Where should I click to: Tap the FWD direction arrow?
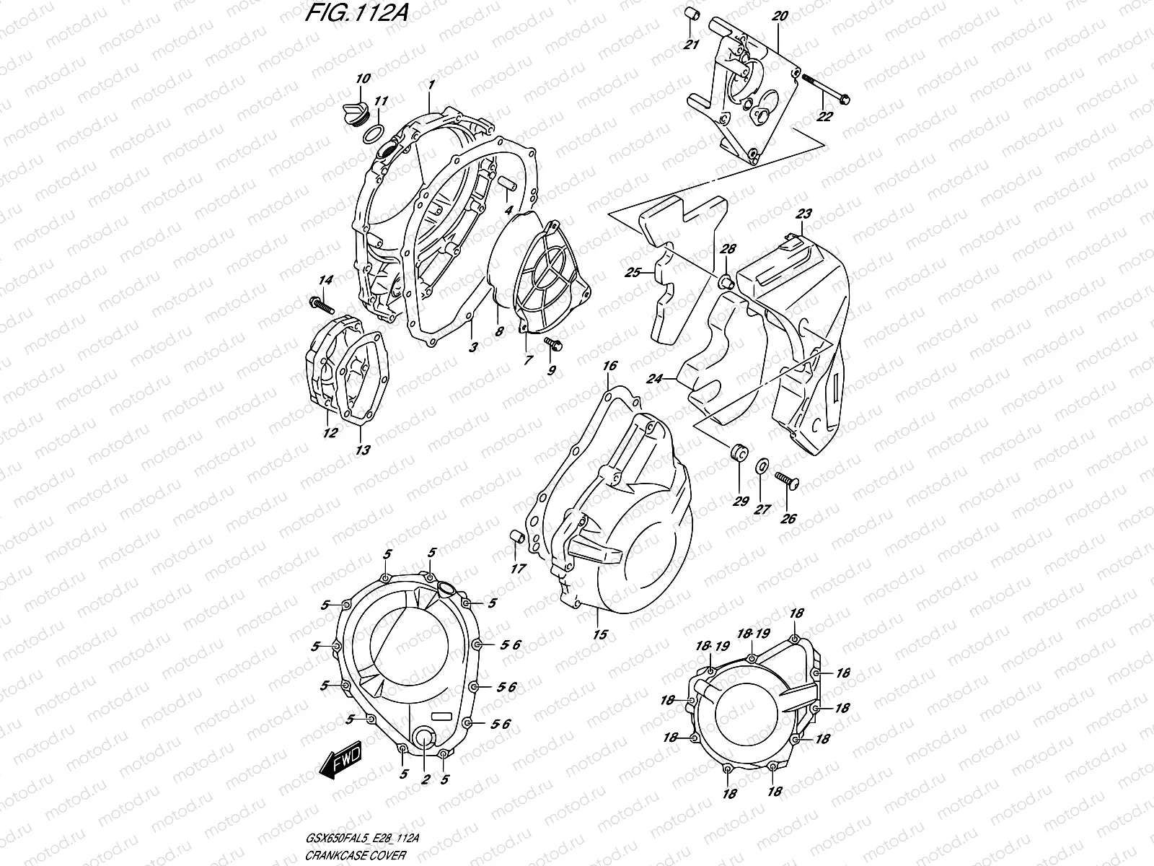click(x=340, y=763)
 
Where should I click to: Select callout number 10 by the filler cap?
click(x=363, y=78)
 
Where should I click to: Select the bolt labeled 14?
click(x=321, y=305)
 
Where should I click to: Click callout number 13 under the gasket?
click(x=363, y=450)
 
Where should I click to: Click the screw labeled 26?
click(x=785, y=481)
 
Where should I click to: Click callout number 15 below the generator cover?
click(x=599, y=634)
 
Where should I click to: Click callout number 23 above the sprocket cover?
click(x=803, y=214)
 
